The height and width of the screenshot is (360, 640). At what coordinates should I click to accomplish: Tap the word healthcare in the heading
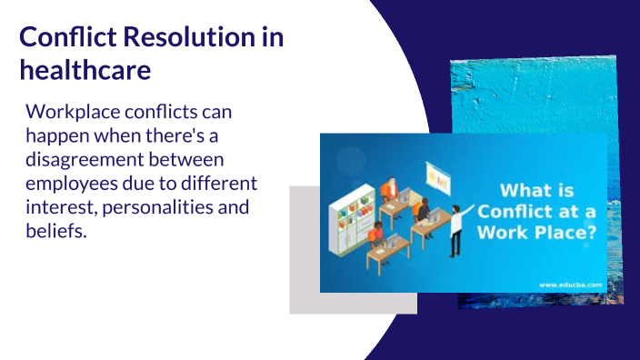[x=85, y=69]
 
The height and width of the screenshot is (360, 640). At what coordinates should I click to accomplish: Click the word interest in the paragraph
[x=60, y=207]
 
